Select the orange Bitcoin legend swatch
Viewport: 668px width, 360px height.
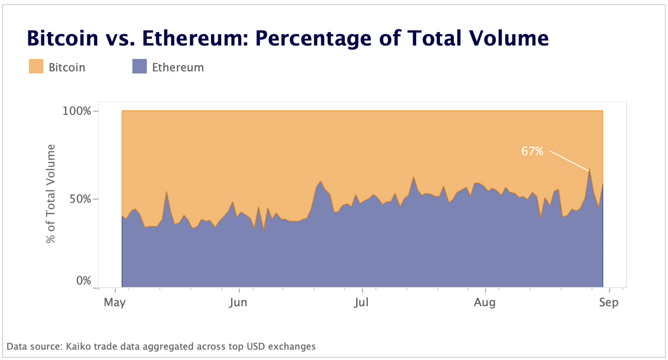36,67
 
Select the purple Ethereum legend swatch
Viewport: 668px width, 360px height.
140,67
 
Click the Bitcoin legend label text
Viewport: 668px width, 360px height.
67,67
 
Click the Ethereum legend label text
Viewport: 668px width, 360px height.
177,67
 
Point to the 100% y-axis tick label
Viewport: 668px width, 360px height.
77,111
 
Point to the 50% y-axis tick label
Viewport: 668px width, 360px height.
80,199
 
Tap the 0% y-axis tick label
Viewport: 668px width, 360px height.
83,281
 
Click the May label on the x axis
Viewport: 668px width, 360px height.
115,303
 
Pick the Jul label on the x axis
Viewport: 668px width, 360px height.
361,303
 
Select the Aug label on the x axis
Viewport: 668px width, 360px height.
484,303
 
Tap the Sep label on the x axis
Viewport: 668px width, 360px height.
609,303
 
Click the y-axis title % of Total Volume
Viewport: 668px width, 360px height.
51,194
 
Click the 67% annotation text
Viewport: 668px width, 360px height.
532,152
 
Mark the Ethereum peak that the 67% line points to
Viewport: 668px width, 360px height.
589,170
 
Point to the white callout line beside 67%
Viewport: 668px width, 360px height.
569,160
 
